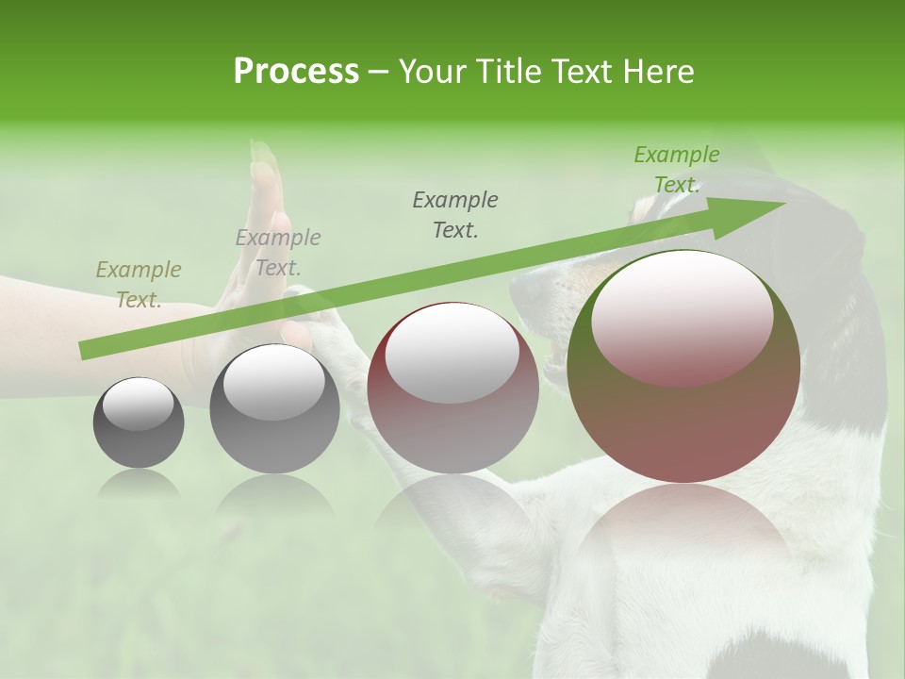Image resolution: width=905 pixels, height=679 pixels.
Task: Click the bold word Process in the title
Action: tap(296, 72)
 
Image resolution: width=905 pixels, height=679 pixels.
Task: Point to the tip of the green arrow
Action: tap(784, 203)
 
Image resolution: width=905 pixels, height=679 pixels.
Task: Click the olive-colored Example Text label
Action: tap(139, 284)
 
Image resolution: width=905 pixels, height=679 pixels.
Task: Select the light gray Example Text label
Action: tap(277, 252)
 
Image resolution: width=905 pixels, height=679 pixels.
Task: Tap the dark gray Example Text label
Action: tap(455, 214)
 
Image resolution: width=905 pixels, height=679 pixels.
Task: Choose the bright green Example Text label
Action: tap(676, 169)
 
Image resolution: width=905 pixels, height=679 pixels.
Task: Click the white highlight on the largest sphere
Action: tap(682, 316)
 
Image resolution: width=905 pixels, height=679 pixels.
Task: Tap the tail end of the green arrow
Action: tap(85, 351)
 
